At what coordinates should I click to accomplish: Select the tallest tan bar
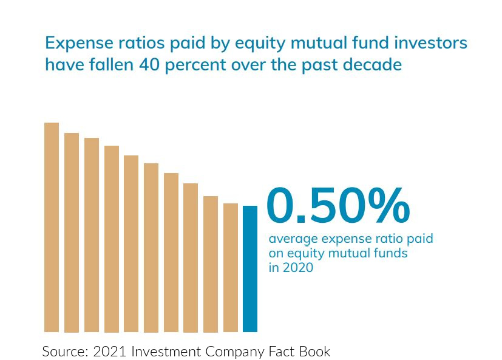coord(52,227)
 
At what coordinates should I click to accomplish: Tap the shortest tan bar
coord(231,268)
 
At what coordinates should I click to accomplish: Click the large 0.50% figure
coord(338,206)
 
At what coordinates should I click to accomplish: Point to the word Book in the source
coord(315,351)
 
